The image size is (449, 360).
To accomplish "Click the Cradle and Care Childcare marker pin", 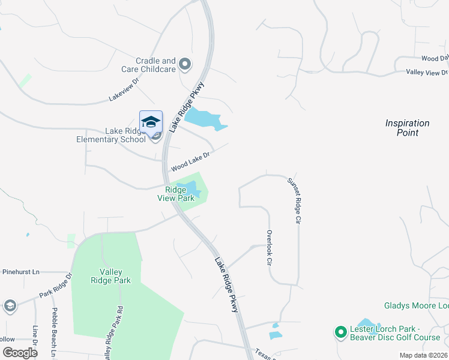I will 185,64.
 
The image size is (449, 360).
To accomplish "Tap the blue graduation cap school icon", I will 151,122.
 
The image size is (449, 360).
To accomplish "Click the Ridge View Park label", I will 176,194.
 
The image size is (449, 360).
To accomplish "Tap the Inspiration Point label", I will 408,128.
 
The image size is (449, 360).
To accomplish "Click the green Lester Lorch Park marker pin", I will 340,331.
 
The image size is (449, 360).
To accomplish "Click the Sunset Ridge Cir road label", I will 293,200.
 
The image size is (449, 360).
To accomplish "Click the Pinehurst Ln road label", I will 19,272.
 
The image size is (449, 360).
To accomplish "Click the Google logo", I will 19,352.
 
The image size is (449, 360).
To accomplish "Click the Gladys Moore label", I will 414,306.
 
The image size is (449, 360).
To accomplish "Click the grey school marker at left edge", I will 10,306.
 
